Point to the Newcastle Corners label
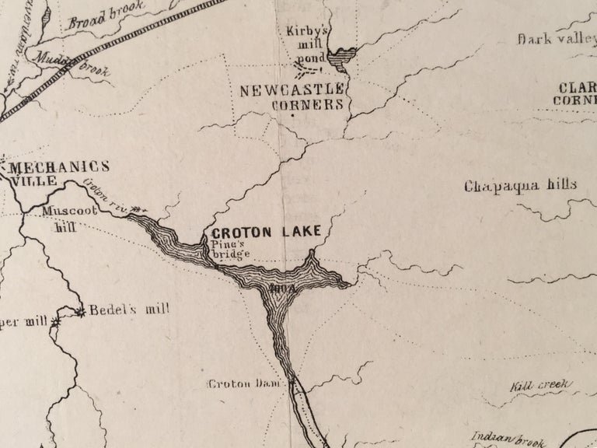pyautogui.click(x=292, y=97)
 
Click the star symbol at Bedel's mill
pyautogui.click(x=81, y=312)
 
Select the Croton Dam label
pyautogui.click(x=246, y=383)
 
